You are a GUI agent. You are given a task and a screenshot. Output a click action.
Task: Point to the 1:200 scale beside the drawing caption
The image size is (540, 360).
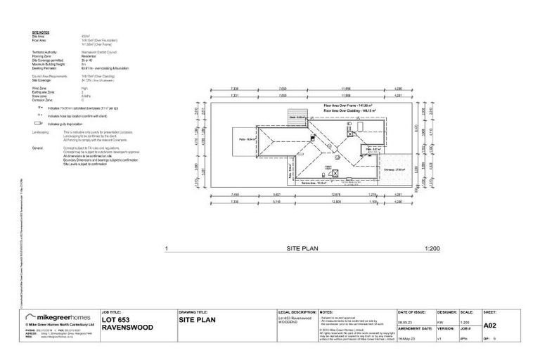(x=432, y=249)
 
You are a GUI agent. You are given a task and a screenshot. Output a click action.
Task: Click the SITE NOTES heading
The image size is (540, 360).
(x=40, y=33)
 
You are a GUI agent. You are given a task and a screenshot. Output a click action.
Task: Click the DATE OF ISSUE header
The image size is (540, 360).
(x=412, y=310)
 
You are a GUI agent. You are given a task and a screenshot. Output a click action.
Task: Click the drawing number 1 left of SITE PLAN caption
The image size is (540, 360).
(x=166, y=249)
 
